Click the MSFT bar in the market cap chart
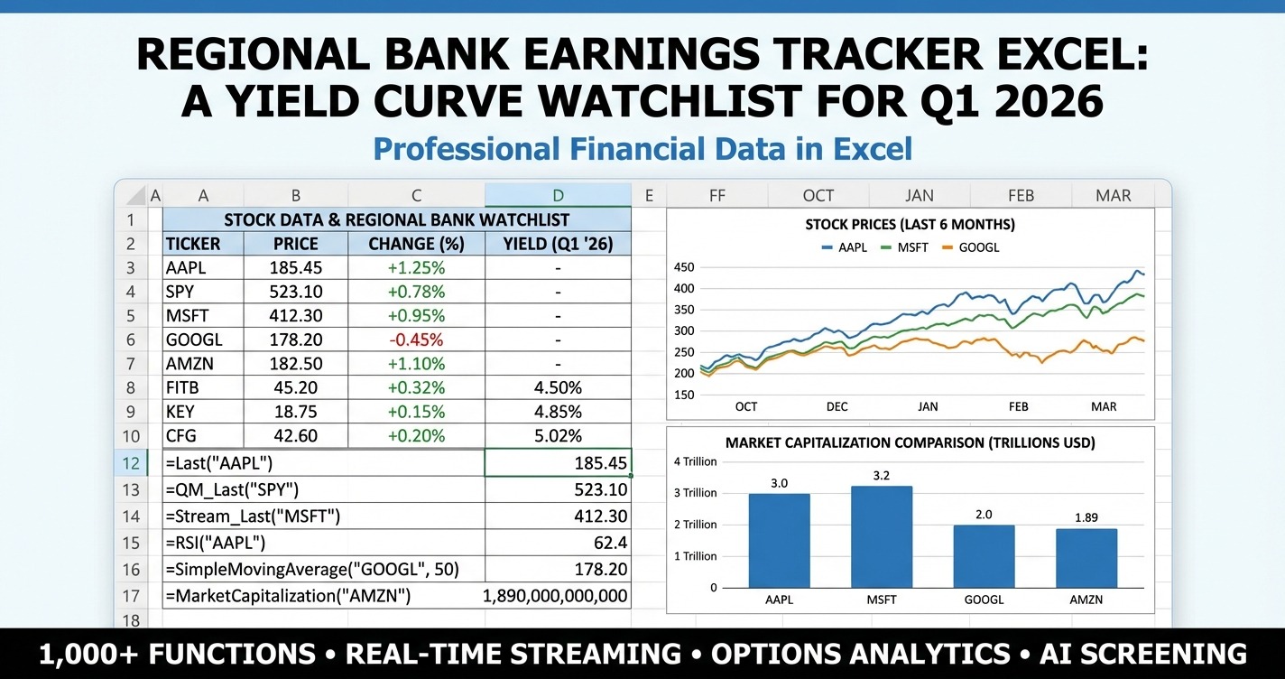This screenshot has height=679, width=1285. point(881,536)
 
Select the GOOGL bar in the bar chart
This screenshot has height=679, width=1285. point(984,555)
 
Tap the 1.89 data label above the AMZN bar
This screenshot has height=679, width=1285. point(1086,518)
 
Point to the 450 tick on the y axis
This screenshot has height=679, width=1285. point(685,267)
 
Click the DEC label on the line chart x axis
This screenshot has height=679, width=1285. point(837,406)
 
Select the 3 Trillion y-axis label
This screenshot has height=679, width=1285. point(695,493)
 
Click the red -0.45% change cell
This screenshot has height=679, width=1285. point(416,339)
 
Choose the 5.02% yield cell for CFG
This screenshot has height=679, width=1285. point(558,435)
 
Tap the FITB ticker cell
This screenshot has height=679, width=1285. point(203,387)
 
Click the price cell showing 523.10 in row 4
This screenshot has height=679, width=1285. point(295,292)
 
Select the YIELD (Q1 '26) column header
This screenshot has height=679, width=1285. point(558,244)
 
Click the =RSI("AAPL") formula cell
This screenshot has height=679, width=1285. point(323,544)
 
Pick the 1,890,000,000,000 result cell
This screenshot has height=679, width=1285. point(556,596)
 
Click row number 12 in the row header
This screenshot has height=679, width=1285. point(131,462)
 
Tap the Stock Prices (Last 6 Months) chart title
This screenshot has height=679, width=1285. point(911,224)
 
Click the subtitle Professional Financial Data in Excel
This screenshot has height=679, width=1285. point(642,149)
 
